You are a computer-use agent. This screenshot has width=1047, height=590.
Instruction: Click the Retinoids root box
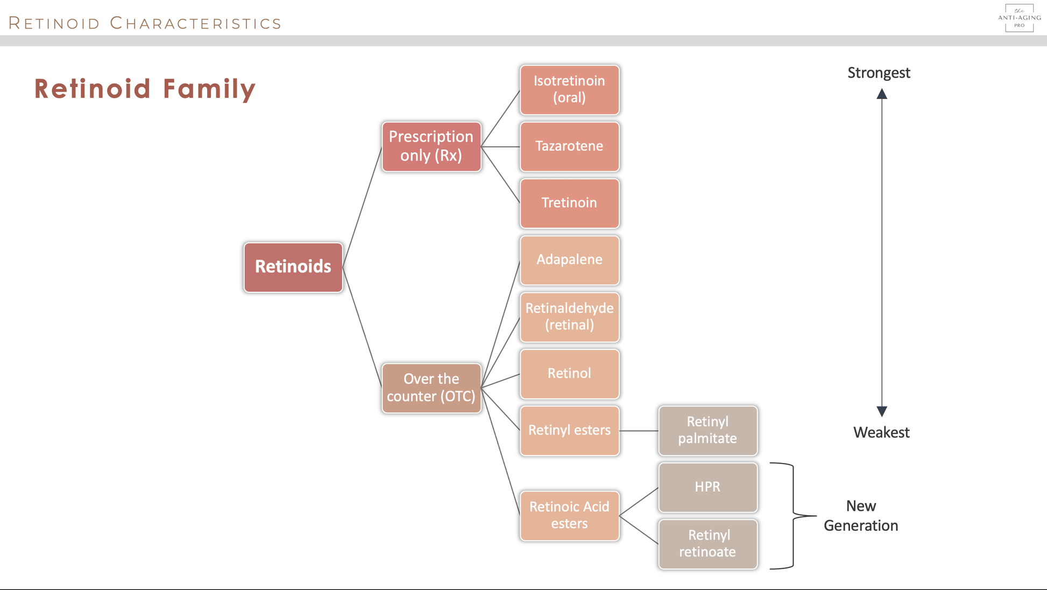tap(293, 267)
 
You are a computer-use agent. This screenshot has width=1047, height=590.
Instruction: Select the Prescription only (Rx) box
tap(431, 146)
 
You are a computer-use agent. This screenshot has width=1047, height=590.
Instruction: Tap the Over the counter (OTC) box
tap(431, 388)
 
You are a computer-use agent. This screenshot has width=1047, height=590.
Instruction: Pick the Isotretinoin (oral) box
tap(569, 89)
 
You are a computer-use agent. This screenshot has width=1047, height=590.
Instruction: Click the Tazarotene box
tap(569, 146)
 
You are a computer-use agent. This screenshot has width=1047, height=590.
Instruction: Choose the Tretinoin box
tap(569, 203)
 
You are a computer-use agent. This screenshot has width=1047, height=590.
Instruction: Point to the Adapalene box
tap(569, 260)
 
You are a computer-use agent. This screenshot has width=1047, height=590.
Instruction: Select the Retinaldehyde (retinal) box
tap(569, 317)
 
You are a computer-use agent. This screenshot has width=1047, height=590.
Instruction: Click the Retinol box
tap(569, 374)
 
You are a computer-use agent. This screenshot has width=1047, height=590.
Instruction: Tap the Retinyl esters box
tap(569, 430)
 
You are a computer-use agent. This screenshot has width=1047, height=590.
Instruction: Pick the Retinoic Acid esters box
tap(569, 515)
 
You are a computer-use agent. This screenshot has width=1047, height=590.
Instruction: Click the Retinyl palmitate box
tap(708, 430)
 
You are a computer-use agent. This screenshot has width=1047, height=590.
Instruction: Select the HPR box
tap(708, 487)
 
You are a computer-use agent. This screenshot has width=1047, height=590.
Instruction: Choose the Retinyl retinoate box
tap(708, 544)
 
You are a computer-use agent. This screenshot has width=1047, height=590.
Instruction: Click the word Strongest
tap(879, 73)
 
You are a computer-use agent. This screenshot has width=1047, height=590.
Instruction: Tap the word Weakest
tap(881, 432)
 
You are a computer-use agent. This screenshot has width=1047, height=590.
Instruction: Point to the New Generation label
tap(861, 516)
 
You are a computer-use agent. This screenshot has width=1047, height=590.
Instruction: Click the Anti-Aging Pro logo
tap(1019, 18)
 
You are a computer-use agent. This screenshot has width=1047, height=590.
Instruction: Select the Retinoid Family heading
tap(145, 89)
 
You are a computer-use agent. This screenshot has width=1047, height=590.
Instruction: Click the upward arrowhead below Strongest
tap(882, 94)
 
